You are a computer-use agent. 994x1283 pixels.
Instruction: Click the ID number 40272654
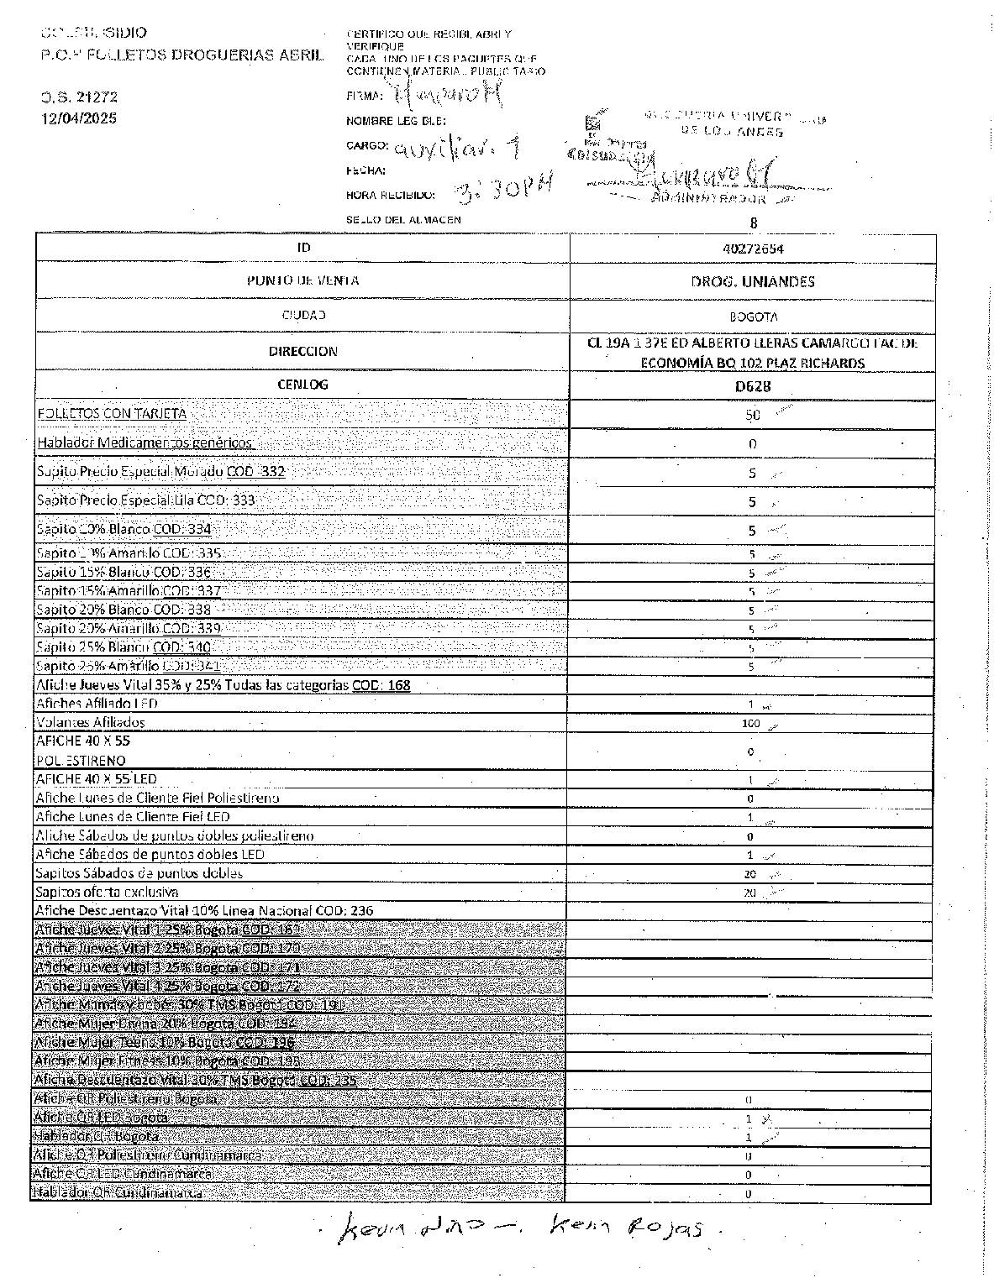click(x=752, y=249)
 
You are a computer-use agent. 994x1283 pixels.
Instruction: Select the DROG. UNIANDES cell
click(x=752, y=282)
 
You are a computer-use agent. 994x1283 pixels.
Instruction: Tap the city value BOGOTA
click(x=752, y=317)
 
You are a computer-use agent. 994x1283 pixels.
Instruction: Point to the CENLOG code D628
click(x=752, y=386)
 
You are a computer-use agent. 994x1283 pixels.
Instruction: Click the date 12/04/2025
click(x=80, y=118)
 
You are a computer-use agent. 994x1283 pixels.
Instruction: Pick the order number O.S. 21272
click(x=80, y=97)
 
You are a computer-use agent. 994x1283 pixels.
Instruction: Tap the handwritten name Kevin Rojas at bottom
click(x=634, y=1230)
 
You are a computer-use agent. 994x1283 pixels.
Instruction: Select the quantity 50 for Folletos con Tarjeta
click(x=752, y=415)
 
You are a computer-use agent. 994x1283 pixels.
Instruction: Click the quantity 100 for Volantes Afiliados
click(x=750, y=723)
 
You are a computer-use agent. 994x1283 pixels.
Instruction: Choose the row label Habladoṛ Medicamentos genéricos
click(x=144, y=443)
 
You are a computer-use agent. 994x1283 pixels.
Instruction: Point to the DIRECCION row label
click(x=302, y=352)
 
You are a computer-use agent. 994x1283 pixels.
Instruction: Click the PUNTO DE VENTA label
click(x=302, y=280)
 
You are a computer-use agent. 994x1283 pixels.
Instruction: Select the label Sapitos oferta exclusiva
click(x=107, y=892)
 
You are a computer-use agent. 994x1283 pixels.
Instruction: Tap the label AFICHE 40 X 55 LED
click(x=96, y=779)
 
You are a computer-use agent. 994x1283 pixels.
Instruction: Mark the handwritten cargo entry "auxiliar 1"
click(x=458, y=149)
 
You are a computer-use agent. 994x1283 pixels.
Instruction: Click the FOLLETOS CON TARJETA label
click(x=112, y=413)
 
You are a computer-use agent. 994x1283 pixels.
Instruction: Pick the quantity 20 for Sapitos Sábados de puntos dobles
click(x=749, y=874)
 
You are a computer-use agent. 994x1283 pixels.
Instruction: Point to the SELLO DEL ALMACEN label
click(x=403, y=219)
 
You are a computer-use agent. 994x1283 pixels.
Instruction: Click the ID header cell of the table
click(x=302, y=248)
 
